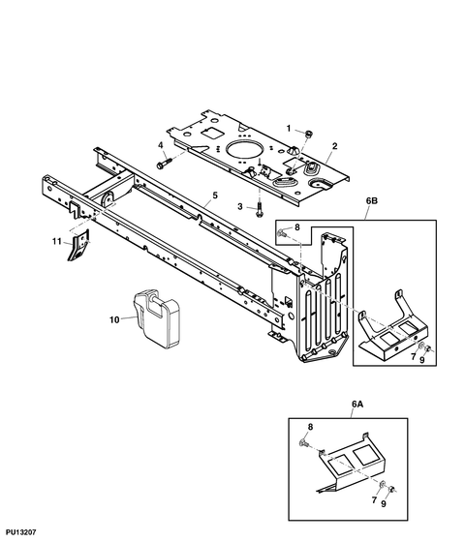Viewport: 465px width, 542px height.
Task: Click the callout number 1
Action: (x=289, y=129)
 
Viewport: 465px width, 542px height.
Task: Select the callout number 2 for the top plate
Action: (x=334, y=146)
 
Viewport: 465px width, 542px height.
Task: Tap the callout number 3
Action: (x=240, y=207)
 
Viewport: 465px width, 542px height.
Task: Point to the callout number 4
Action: (x=161, y=145)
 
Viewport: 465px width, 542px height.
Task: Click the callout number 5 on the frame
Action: (x=215, y=196)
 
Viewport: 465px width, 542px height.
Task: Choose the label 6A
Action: (x=357, y=404)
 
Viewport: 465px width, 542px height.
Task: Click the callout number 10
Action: (x=114, y=320)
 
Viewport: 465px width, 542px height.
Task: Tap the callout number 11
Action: (x=57, y=241)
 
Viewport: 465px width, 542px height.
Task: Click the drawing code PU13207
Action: (x=20, y=532)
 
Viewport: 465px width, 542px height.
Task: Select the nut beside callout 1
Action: (x=309, y=133)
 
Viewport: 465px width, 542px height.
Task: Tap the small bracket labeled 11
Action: (x=78, y=246)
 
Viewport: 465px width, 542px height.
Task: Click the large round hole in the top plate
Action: (x=244, y=151)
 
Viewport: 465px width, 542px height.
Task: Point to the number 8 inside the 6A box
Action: (x=310, y=427)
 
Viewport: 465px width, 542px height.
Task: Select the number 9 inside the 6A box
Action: (x=384, y=504)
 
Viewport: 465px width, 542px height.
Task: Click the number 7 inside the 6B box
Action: (x=413, y=357)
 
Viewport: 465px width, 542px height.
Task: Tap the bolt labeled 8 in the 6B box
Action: (x=281, y=233)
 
